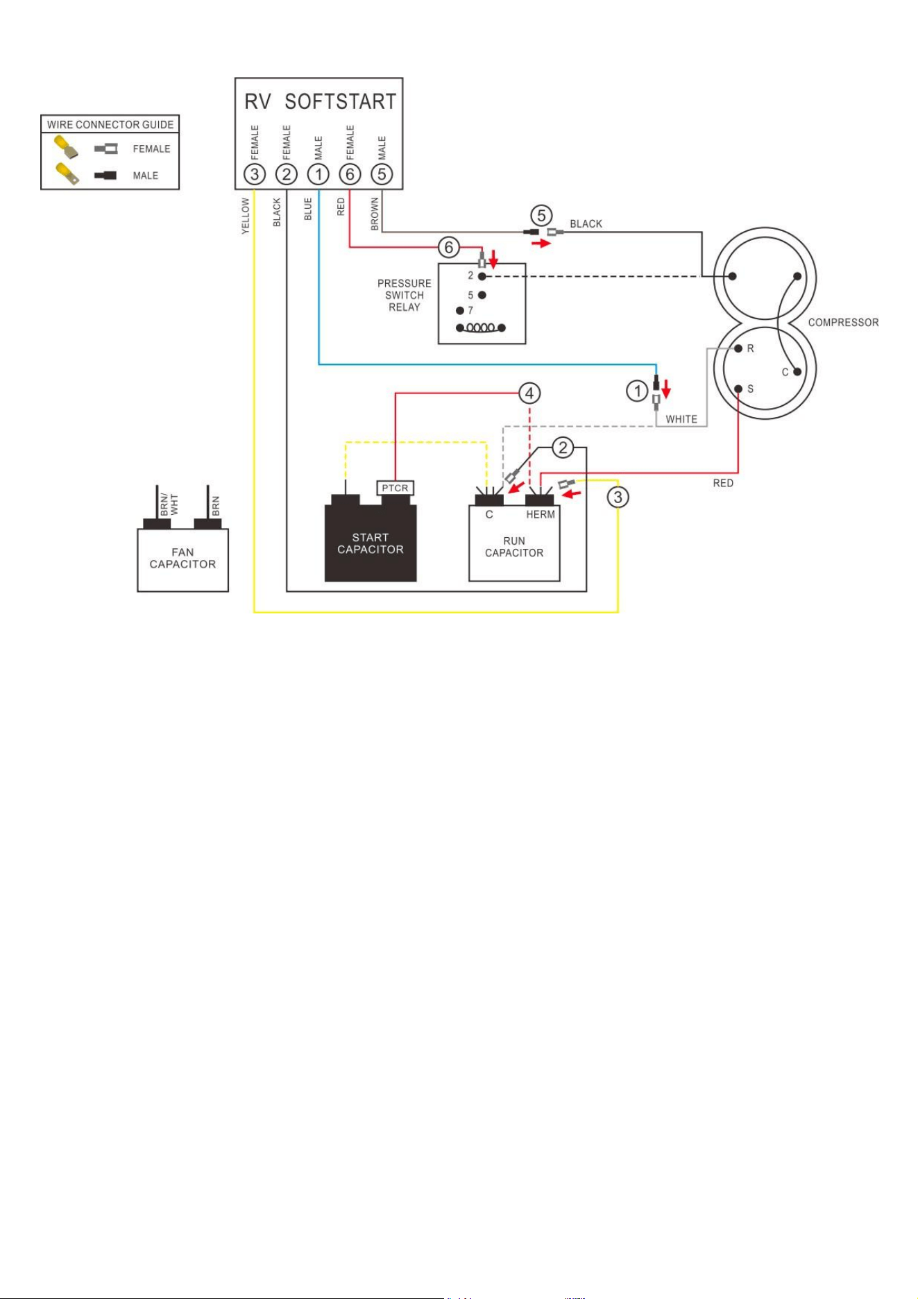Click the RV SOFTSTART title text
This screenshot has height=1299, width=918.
320,102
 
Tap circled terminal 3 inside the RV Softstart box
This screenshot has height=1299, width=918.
255,174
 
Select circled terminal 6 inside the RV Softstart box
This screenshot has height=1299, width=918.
350,174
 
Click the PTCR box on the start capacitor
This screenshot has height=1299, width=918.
395,488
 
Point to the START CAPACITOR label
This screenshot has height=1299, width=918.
371,543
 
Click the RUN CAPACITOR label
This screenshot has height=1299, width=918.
514,547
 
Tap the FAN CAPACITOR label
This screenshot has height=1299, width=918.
182,558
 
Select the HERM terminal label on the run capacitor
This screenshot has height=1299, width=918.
541,514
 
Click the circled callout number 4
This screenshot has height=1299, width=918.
529,393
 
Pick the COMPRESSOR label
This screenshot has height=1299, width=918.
843,323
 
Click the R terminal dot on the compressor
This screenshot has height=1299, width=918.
738,348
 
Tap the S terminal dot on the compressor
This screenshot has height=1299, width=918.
738,389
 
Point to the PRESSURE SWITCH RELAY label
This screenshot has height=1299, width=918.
405,295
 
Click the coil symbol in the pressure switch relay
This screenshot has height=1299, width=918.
480,328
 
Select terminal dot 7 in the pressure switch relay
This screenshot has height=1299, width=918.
459,311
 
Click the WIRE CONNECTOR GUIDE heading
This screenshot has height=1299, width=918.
110,125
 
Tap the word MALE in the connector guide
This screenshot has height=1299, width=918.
146,176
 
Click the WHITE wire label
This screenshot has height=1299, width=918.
681,419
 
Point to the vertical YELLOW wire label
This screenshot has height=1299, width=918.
245,215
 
